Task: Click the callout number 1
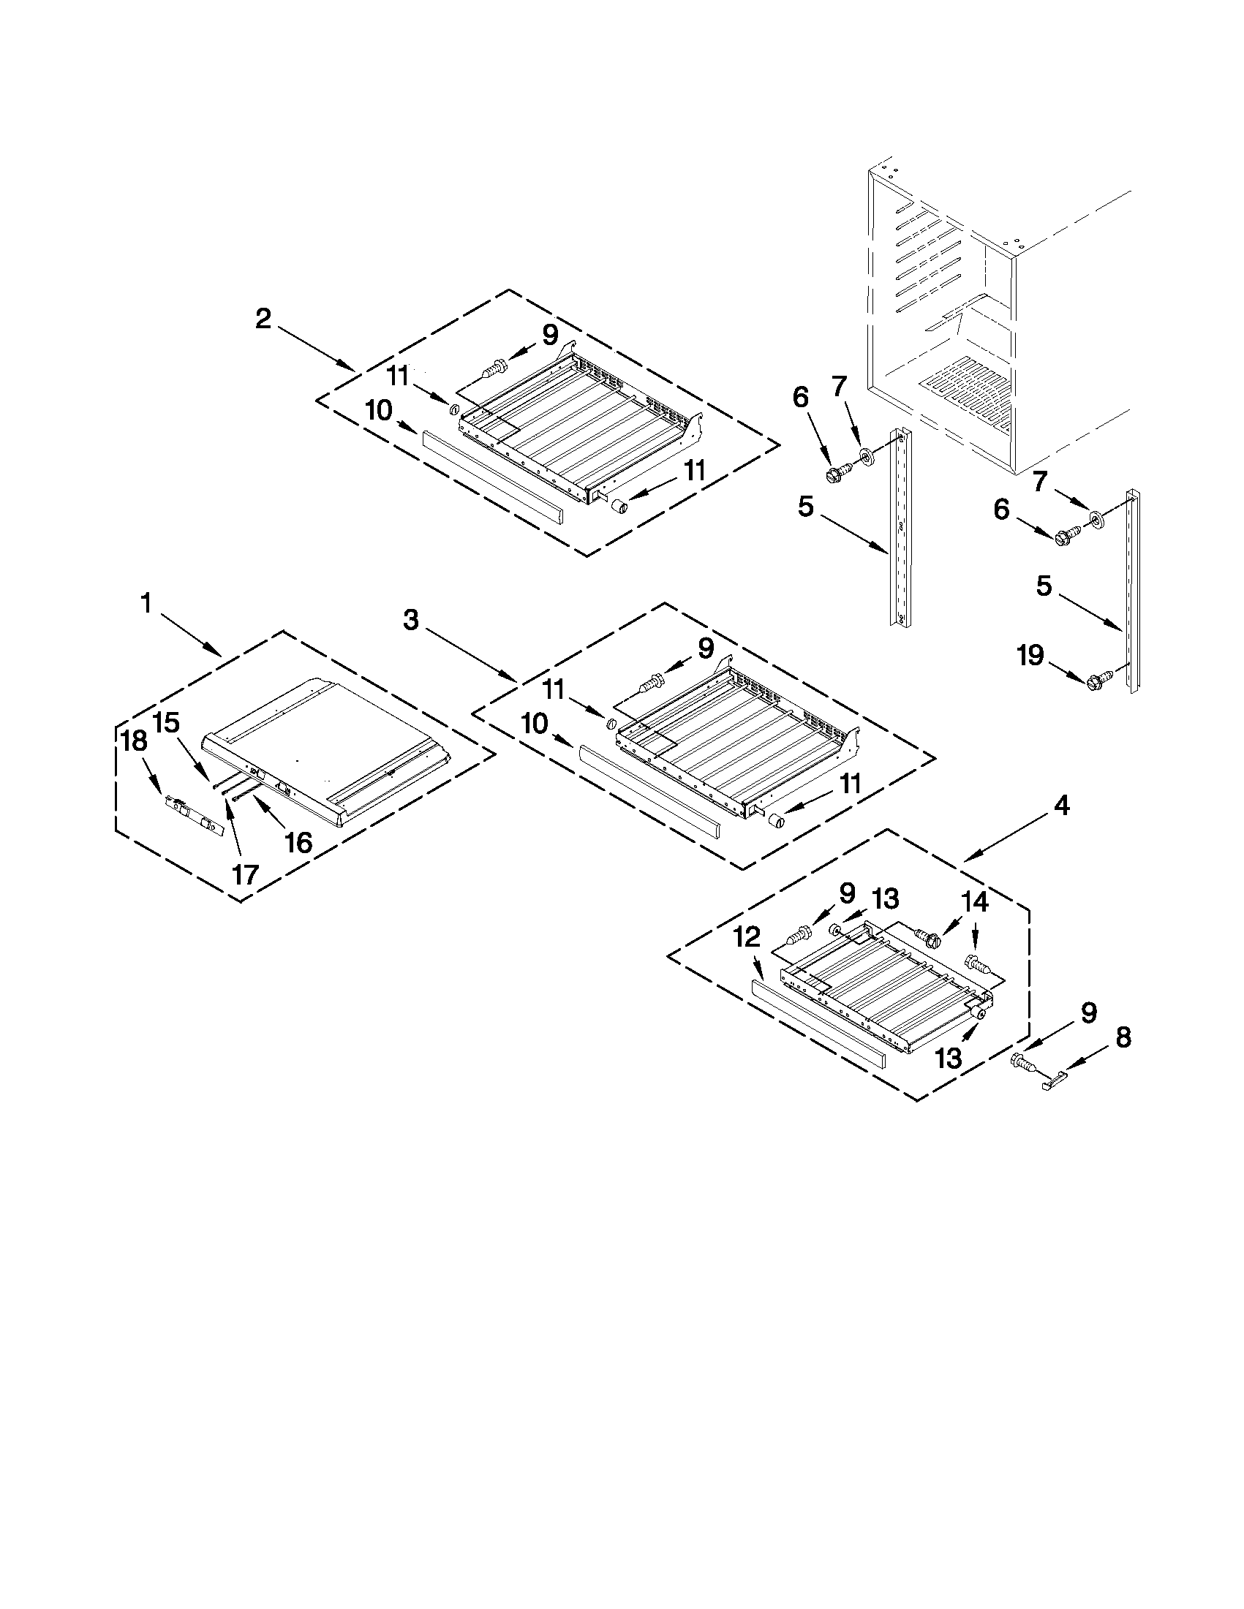click(x=146, y=604)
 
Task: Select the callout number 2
click(x=263, y=319)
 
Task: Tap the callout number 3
click(x=411, y=621)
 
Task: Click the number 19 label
click(x=1030, y=654)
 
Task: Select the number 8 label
click(x=1122, y=1037)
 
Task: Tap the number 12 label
click(x=747, y=937)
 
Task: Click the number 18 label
click(x=135, y=741)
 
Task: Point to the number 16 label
click(x=298, y=841)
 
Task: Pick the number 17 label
click(x=246, y=874)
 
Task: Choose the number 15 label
click(x=167, y=723)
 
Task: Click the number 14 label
click(x=974, y=902)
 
